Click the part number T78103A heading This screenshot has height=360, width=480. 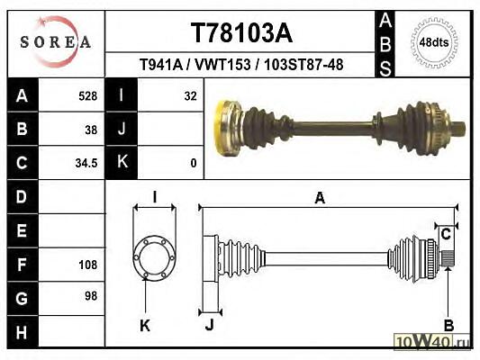click(241, 33)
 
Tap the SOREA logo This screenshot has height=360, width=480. click(56, 41)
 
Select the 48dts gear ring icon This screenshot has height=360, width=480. click(434, 42)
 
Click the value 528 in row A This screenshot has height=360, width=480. click(88, 96)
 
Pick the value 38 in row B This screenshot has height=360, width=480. click(91, 130)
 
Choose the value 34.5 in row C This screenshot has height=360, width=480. click(86, 163)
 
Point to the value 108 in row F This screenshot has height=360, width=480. click(88, 265)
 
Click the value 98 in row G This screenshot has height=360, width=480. click(91, 296)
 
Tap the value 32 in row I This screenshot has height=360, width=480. click(190, 96)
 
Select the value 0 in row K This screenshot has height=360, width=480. click(194, 163)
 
